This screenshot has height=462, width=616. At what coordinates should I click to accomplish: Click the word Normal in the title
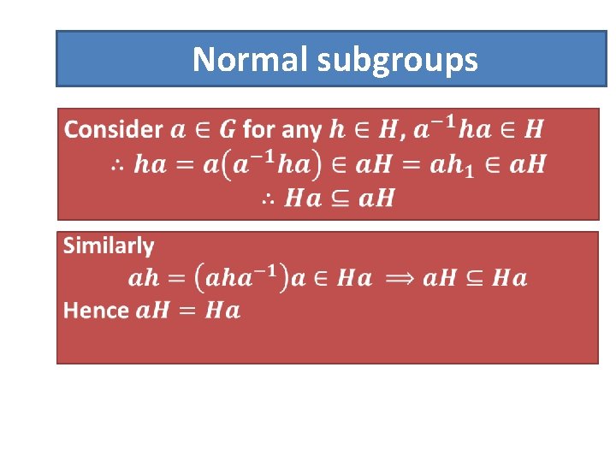[251, 60]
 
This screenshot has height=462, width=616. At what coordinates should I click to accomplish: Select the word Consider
[114, 130]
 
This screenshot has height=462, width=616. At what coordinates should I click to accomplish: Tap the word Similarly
[109, 246]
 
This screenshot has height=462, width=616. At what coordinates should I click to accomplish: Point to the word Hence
[96, 310]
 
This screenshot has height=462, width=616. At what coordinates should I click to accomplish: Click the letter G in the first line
[228, 130]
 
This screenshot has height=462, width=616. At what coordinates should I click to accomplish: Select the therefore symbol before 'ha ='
[119, 165]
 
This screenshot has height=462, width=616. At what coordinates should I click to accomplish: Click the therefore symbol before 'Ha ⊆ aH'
[268, 199]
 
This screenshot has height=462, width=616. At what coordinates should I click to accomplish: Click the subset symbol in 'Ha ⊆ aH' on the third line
[338, 199]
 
